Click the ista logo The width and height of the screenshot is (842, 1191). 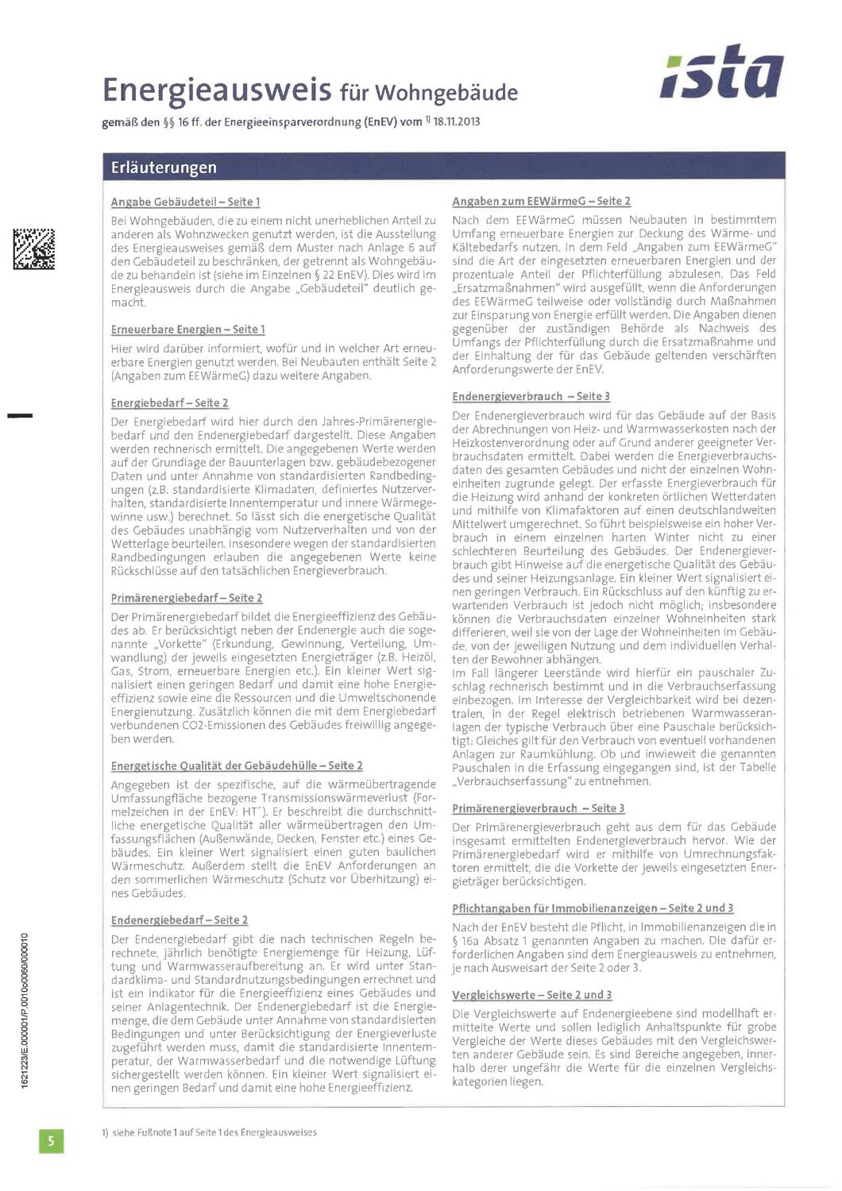pos(721,72)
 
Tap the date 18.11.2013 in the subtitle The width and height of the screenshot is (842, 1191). pos(457,122)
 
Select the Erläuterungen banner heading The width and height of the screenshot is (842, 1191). pos(164,168)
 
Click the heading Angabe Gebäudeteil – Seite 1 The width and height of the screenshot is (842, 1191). pos(185,202)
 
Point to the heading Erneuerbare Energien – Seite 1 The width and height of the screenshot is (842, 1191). pos(187,330)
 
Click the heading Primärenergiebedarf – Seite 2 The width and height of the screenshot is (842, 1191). pos(187,598)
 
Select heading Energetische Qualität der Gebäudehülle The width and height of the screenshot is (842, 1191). pos(237,765)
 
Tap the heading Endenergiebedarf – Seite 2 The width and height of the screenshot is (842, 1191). pos(180,919)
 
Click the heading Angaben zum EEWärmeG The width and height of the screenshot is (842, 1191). pos(541,202)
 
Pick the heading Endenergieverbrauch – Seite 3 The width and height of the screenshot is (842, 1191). pos(531,396)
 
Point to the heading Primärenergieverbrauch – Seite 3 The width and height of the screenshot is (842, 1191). pos(538,808)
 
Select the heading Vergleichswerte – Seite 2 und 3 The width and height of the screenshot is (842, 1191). pos(531,995)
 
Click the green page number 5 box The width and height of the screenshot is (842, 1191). pos(51,1141)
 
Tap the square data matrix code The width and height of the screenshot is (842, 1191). pos(33,249)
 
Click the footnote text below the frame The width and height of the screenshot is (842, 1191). pos(209,1132)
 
